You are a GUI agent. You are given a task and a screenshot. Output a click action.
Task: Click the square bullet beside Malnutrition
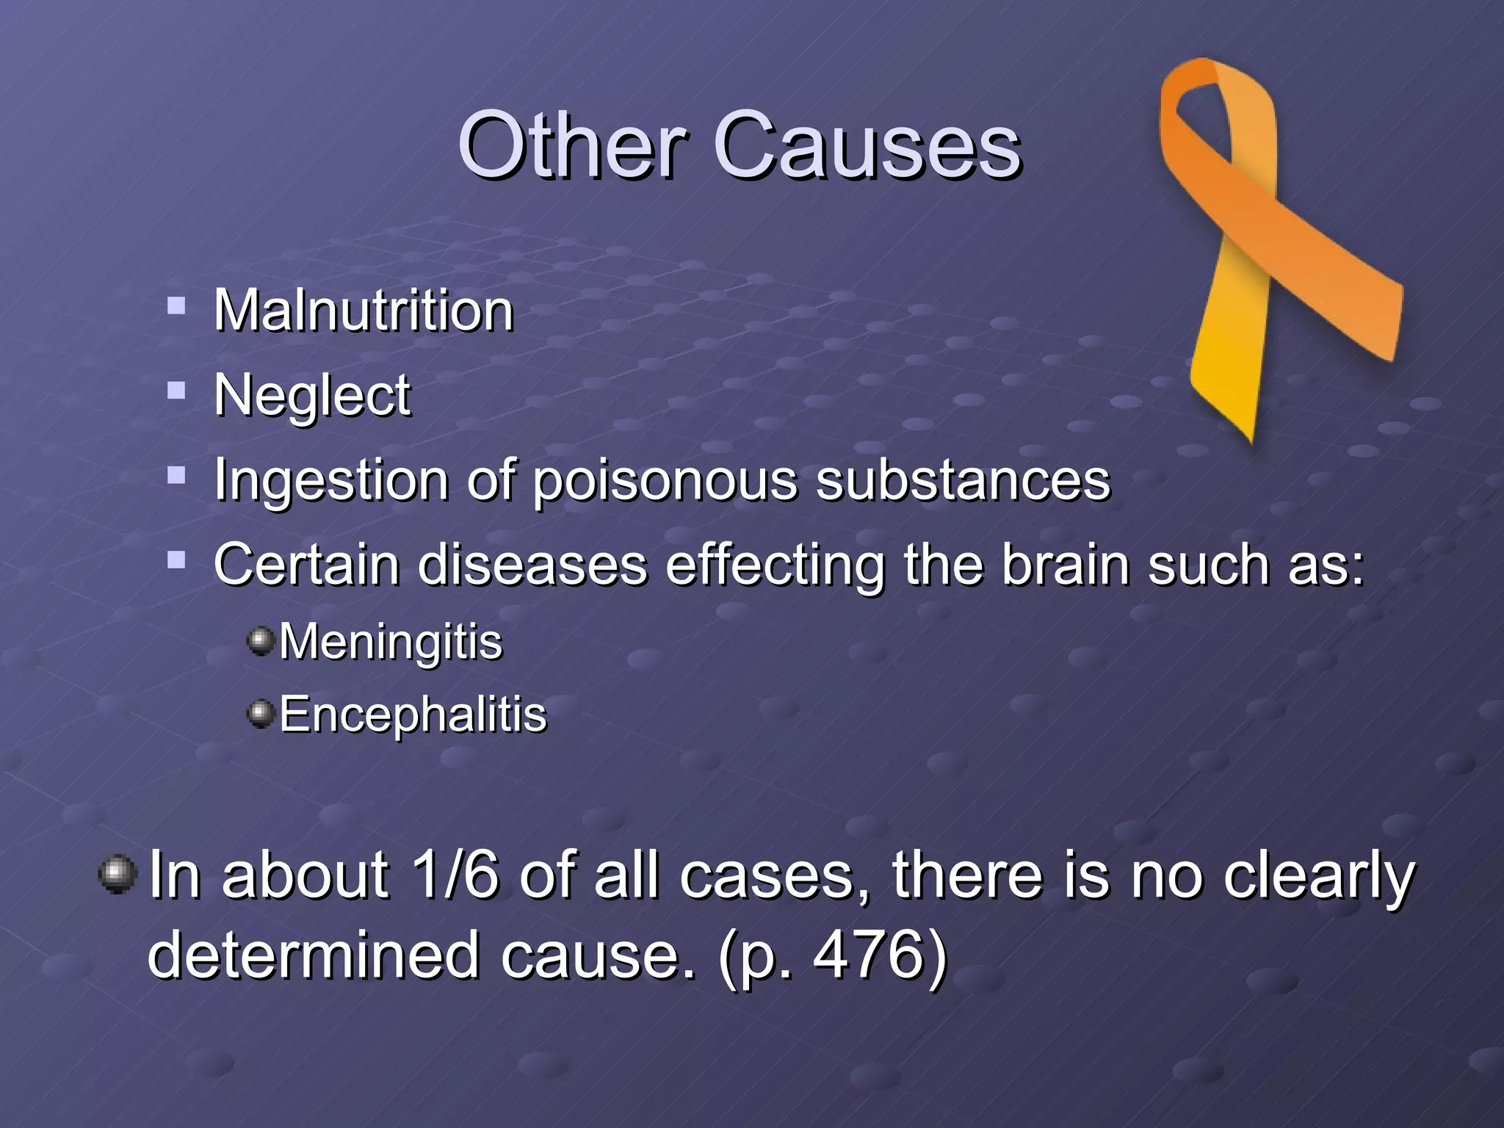[x=176, y=305]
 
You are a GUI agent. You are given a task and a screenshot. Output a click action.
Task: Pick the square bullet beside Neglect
[x=176, y=389]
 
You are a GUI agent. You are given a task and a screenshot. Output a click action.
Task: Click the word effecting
[x=775, y=565]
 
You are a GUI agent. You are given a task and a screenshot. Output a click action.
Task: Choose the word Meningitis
[x=391, y=642]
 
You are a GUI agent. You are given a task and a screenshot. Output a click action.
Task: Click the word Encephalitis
[x=413, y=714]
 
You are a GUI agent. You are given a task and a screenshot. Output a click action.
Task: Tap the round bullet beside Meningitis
[x=261, y=640]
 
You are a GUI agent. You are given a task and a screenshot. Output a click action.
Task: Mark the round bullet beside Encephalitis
[x=261, y=712]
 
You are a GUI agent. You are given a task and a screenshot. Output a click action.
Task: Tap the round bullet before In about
[x=117, y=874]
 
